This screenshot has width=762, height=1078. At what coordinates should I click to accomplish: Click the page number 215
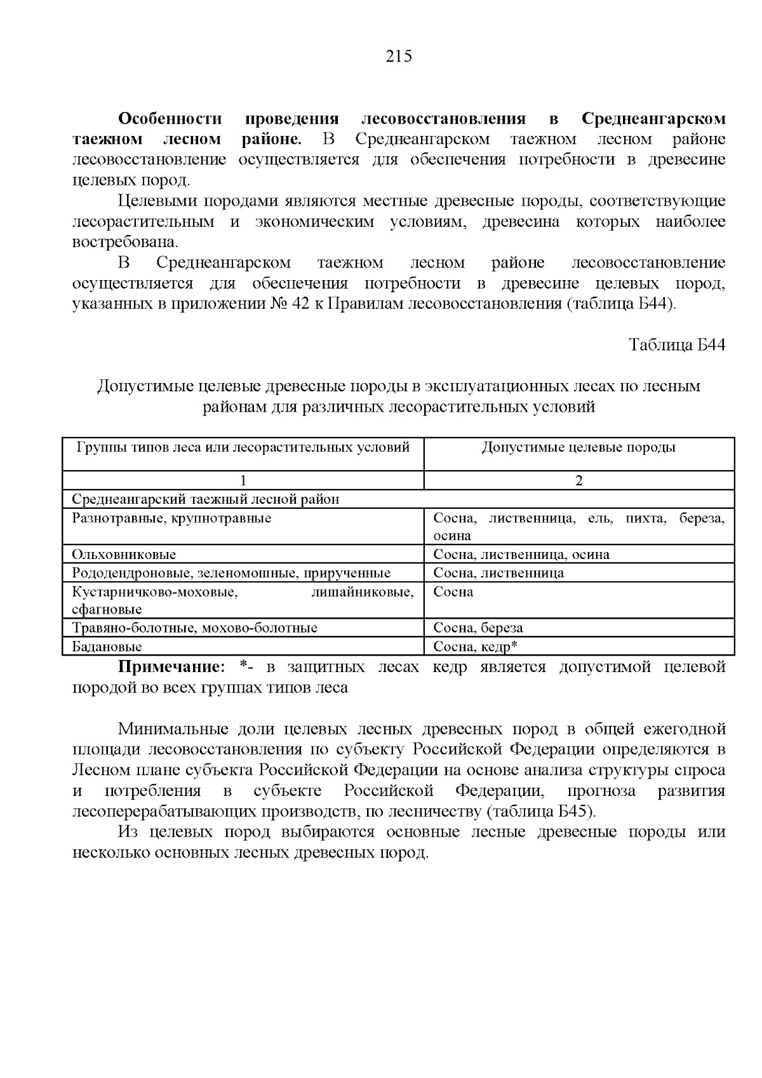pyautogui.click(x=399, y=57)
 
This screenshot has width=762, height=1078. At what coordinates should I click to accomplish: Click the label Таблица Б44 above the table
pyautogui.click(x=676, y=345)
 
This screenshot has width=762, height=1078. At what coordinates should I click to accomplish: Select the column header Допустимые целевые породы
pyautogui.click(x=578, y=447)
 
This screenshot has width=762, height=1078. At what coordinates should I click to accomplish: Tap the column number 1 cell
pyautogui.click(x=243, y=480)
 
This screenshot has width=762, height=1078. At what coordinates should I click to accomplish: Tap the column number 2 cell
pyautogui.click(x=578, y=480)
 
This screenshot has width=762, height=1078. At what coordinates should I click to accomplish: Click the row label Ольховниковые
pyautogui.click(x=124, y=555)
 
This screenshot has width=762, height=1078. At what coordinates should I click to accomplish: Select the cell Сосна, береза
pyautogui.click(x=478, y=628)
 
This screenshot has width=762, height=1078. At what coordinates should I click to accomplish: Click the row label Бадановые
pyautogui.click(x=107, y=647)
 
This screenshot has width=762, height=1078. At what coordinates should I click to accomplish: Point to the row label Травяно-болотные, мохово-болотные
pyautogui.click(x=194, y=628)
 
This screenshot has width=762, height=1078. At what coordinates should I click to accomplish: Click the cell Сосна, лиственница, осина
pyautogui.click(x=521, y=555)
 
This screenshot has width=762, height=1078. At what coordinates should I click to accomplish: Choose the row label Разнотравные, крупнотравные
pyautogui.click(x=171, y=518)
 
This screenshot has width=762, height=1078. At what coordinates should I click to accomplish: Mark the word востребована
pyautogui.click(x=124, y=243)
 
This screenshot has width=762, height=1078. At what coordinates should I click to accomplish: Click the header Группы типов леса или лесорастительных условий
pyautogui.click(x=243, y=447)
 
